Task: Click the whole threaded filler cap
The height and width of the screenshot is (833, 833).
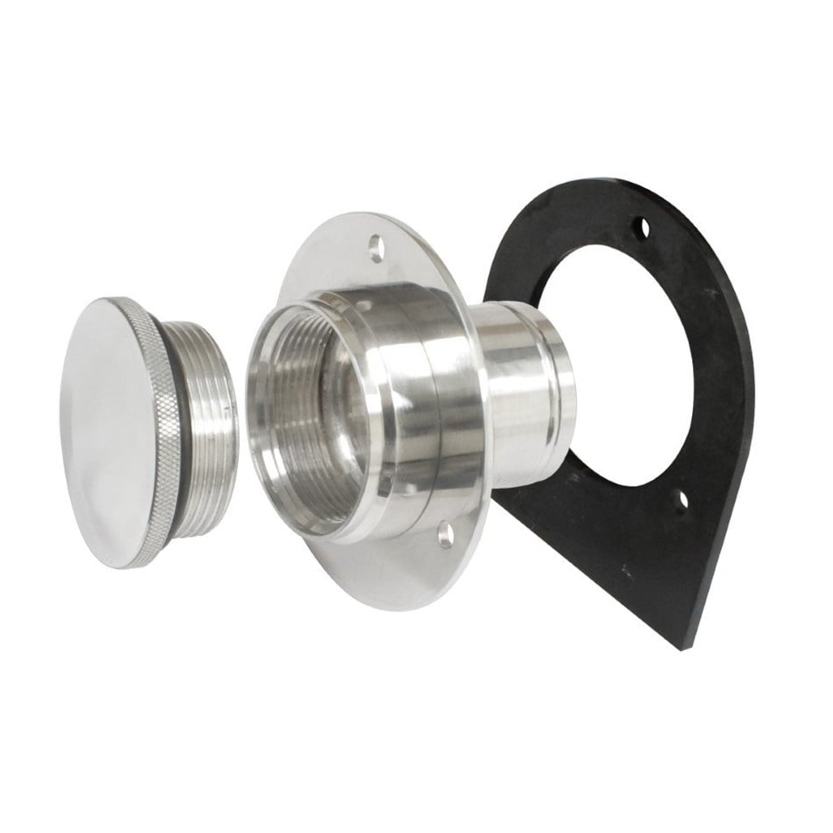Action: pyautogui.click(x=149, y=428)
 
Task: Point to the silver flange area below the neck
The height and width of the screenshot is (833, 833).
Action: pyautogui.click(x=393, y=568)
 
